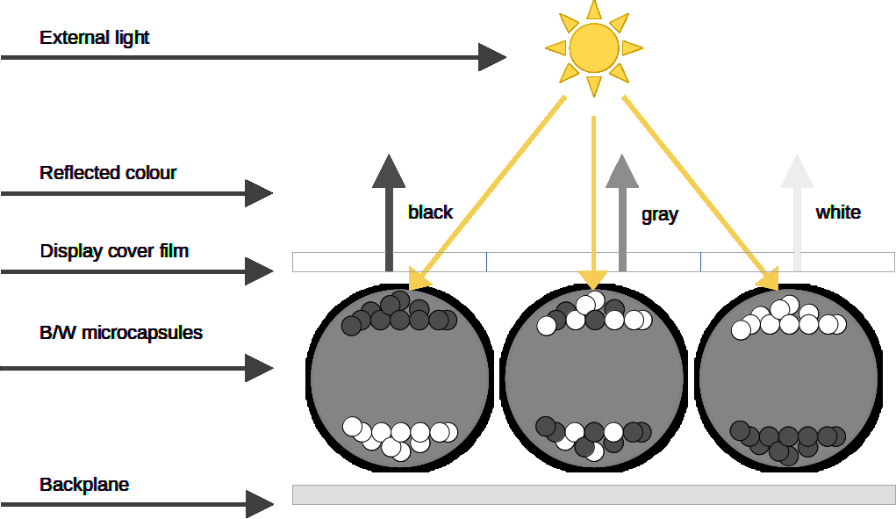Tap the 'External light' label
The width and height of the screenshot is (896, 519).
95,38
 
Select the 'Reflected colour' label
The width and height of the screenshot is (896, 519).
108,172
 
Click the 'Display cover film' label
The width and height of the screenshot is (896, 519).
114,251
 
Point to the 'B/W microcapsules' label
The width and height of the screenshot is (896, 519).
121,333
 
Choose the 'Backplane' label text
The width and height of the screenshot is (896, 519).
84,485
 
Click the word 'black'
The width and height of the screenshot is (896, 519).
430,212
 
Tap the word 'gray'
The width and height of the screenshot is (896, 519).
660,214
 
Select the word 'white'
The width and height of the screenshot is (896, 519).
838,212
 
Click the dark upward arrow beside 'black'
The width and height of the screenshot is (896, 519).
389,211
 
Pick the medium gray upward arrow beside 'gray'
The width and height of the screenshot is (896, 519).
622,211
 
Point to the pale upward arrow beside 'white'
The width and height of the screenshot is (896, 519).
797,211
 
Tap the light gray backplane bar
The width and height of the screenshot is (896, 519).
593,494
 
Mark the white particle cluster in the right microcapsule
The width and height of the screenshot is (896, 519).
788,318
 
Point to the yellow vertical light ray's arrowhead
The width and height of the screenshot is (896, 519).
594,278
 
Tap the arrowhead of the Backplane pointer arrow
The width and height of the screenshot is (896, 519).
259,505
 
